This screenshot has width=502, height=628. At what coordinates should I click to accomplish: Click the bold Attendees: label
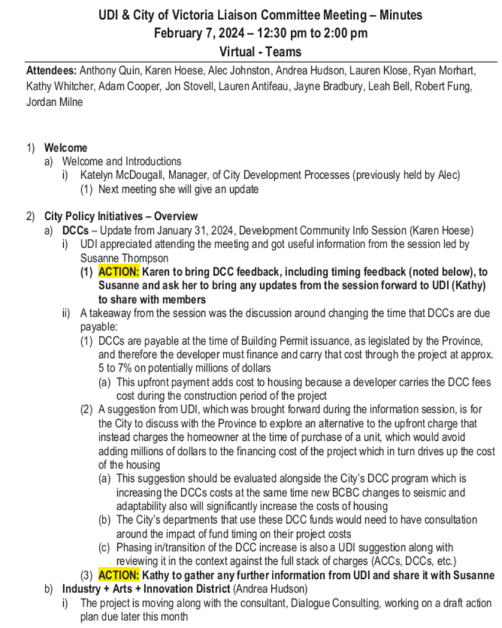pyautogui.click(x=51, y=71)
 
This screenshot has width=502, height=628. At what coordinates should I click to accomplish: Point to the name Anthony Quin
pyautogui.click(x=107, y=71)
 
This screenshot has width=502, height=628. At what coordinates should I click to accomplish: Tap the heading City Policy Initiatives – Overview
pyautogui.click(x=121, y=216)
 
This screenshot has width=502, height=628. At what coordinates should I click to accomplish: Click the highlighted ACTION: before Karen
pyautogui.click(x=119, y=272)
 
